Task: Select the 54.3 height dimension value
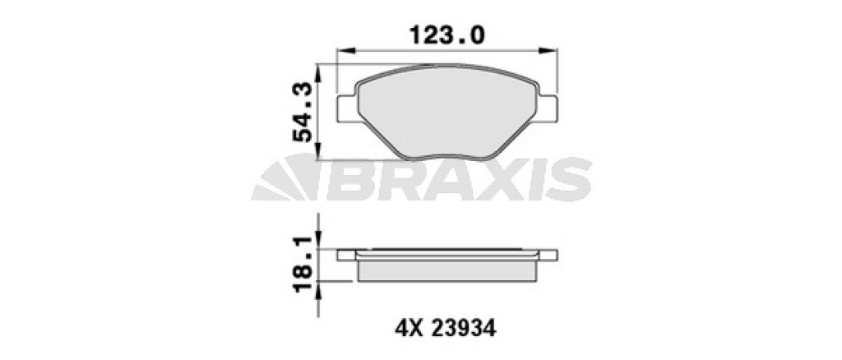coord(303,112)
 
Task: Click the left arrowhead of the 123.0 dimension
coord(346,50)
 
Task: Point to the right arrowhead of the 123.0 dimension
coord(548,50)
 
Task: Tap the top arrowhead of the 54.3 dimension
coord(318,73)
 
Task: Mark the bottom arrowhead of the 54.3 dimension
coord(318,150)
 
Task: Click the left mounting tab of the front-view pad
coord(347,108)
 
